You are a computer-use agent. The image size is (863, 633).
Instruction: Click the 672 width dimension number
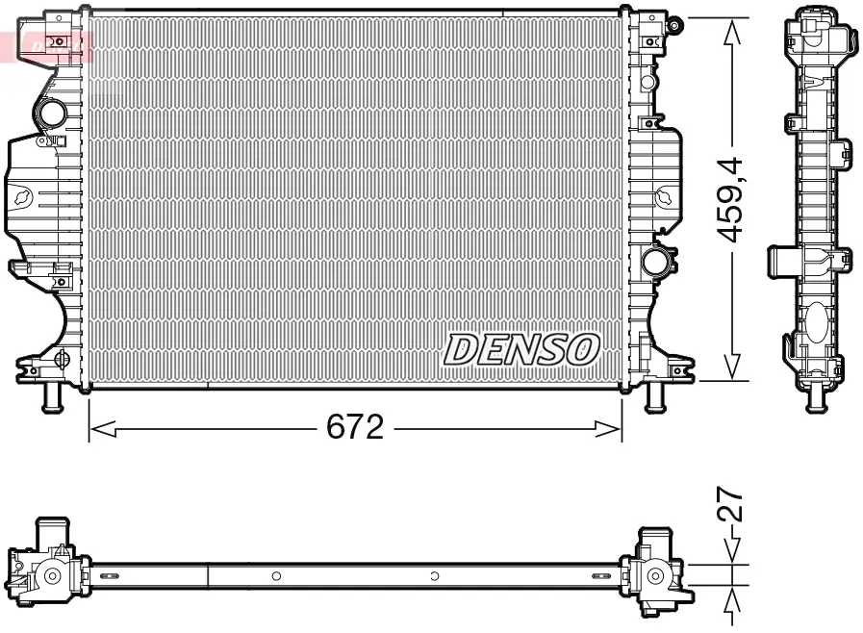coord(355,426)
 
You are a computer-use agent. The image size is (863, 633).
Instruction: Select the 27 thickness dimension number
coord(734,504)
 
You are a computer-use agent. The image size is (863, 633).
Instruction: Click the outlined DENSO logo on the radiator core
coord(521,350)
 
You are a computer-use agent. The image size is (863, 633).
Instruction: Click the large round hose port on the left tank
coord(50,115)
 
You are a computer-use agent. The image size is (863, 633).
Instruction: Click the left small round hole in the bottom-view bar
coord(276,576)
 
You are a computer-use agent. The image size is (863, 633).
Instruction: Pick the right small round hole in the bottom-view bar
coord(435,576)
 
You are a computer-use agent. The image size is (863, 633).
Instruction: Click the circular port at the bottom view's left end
coord(51,577)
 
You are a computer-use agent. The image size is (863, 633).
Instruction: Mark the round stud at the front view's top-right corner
coord(673,20)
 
